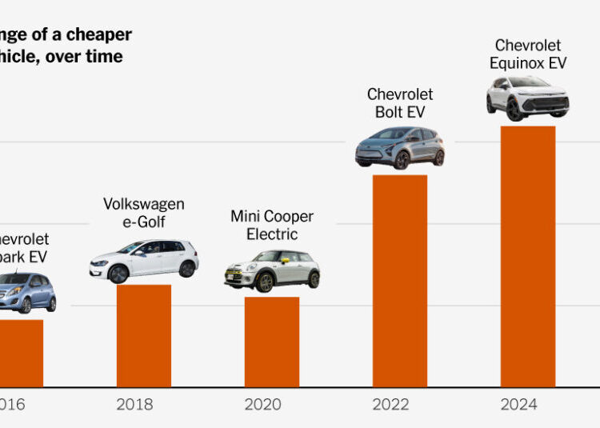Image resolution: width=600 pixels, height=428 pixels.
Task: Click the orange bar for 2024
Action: point(527,256)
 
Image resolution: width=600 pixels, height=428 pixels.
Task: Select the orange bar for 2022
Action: point(399,280)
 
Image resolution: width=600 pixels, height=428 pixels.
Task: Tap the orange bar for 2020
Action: point(271,342)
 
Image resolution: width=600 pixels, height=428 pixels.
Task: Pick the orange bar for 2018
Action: point(143,335)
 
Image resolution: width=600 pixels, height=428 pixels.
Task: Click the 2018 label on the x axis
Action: point(134,405)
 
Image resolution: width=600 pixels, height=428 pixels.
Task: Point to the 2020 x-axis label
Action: point(262,405)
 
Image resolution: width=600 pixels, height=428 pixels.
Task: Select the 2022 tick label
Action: point(390,405)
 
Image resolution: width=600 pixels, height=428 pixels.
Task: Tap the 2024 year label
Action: point(518,405)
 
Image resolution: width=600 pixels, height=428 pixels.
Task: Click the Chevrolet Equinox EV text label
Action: point(528,54)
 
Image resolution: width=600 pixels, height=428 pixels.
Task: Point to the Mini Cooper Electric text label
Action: point(272,226)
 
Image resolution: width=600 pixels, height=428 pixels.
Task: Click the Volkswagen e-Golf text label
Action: point(144,213)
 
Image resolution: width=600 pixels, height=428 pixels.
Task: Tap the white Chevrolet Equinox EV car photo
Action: point(528,98)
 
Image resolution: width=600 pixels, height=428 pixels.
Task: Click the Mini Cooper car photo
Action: point(272,271)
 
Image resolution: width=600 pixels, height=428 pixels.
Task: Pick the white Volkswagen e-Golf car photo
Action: point(144,260)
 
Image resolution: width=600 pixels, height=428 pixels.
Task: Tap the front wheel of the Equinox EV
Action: point(515,110)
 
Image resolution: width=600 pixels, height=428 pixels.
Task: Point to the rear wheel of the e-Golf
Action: point(186,270)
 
